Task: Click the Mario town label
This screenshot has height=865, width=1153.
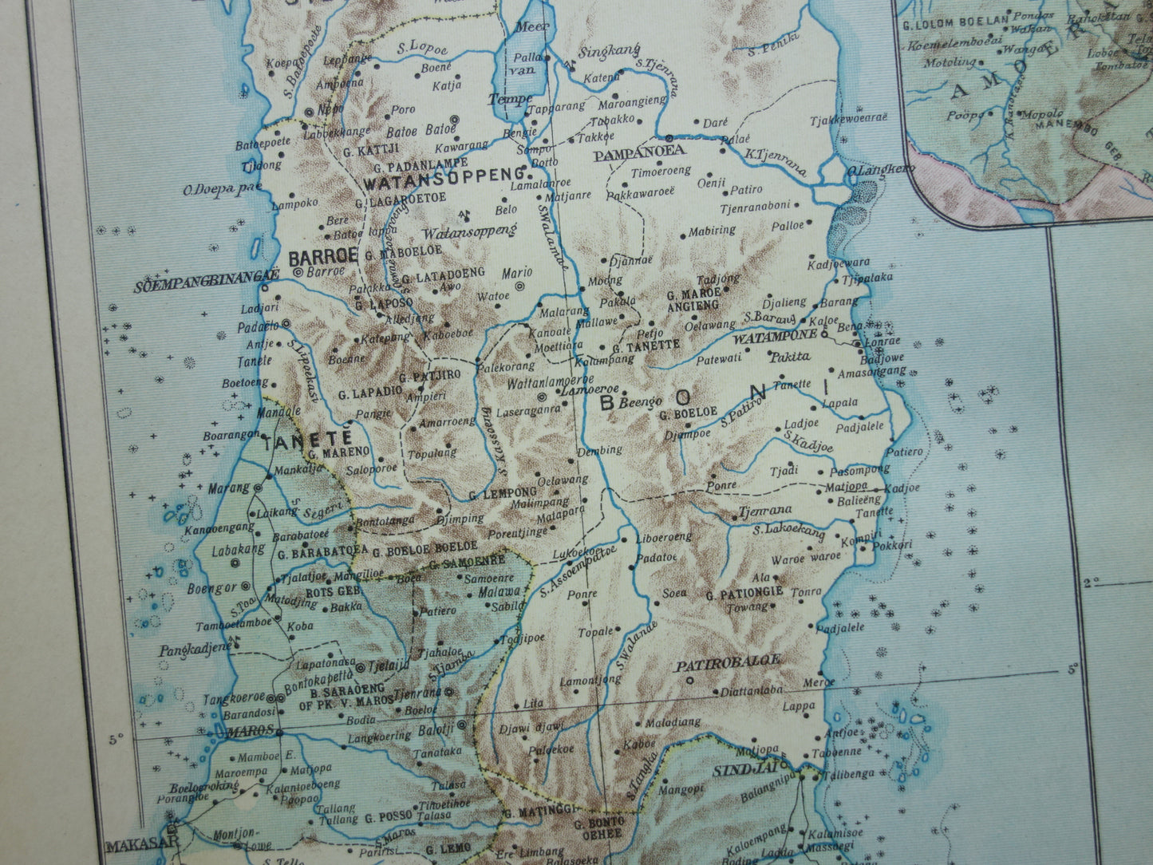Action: [517, 273]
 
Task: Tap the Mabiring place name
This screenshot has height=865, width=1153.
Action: [712, 231]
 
